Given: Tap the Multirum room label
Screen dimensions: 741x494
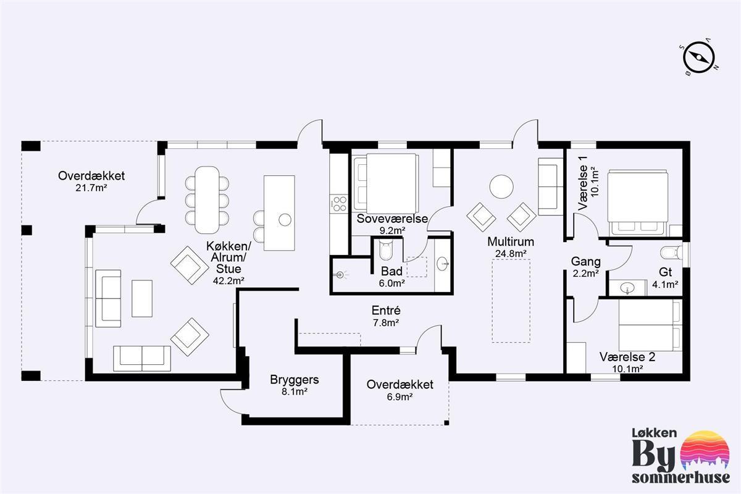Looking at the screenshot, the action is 511,242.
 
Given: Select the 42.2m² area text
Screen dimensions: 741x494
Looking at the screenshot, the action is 228,281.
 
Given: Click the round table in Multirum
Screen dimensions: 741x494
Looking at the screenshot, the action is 501,186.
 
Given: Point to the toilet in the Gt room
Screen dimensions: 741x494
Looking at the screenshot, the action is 671,253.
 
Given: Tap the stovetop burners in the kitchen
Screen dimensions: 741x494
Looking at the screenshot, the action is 340,204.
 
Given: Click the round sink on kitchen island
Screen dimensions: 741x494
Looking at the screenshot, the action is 285,219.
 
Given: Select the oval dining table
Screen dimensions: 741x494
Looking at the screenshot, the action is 207,200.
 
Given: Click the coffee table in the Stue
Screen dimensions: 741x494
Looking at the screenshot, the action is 142,298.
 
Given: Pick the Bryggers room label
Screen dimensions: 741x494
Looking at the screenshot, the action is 295,380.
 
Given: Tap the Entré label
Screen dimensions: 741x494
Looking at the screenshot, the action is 386,311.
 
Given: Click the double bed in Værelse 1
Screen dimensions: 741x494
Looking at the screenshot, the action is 637,203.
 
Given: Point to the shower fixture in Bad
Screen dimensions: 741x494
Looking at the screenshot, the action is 340,275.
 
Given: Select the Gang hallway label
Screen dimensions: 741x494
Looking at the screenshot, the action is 585,262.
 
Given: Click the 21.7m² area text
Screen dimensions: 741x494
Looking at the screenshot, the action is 91,188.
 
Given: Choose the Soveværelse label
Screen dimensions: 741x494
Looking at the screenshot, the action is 392,219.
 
